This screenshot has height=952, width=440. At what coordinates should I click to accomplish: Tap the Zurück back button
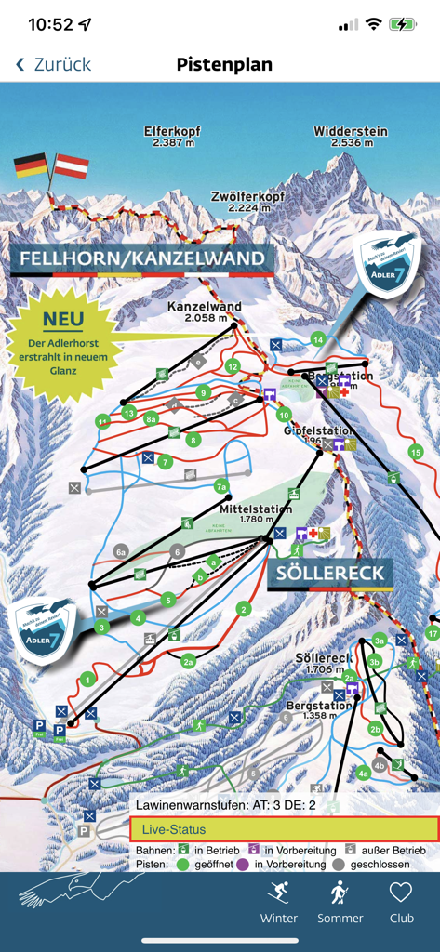point(54,64)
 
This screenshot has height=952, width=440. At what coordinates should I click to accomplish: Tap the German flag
point(31,166)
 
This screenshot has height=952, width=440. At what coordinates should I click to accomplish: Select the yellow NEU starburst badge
point(62,343)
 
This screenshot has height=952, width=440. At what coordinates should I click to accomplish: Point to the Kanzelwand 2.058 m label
point(205,311)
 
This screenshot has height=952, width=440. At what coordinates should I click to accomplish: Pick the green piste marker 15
point(415,452)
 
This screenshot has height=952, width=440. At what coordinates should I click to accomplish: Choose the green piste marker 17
point(432,633)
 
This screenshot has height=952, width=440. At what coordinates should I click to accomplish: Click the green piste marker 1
point(87,680)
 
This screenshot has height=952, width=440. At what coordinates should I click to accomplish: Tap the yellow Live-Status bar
point(284,829)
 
